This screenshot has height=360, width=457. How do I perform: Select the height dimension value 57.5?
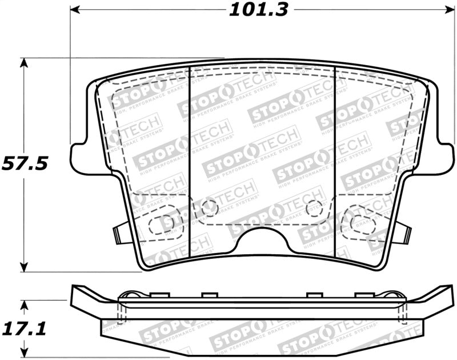coord(24,164)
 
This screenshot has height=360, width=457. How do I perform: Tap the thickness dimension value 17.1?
coord(23,329)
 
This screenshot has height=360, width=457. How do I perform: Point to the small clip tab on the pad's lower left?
coord(119,233)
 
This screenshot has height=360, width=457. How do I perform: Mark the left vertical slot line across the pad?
coord(189,166)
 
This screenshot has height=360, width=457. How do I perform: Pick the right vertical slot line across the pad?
coord(334,166)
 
